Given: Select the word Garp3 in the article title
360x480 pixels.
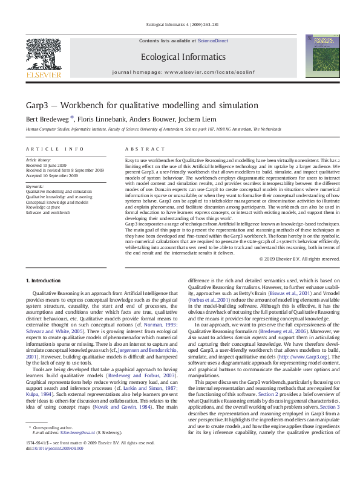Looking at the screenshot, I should pos(38,105).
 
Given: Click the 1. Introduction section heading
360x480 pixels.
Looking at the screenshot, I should pos(45,281).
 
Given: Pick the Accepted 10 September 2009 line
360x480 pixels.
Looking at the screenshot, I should pos(51,175).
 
